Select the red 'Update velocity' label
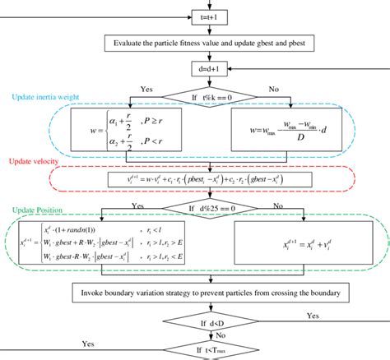click(x=33, y=163)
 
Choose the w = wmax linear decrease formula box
click(x=285, y=129)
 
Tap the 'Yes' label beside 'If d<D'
click(x=312, y=316)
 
